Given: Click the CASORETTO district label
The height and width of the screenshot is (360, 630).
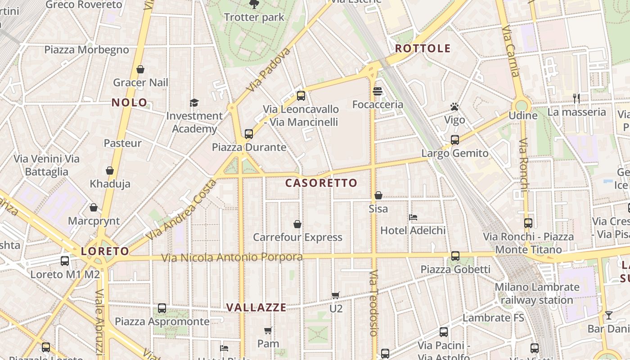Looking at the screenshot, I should (x=321, y=183).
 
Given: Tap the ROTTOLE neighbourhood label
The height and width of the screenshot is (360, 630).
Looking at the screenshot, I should (x=423, y=49).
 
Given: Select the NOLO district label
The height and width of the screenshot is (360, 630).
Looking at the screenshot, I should (x=130, y=103).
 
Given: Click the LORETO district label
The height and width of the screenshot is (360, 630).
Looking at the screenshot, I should (x=105, y=251).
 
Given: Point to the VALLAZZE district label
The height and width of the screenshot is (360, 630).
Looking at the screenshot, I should (x=256, y=307).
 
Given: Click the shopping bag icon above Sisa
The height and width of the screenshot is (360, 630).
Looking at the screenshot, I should (x=378, y=195).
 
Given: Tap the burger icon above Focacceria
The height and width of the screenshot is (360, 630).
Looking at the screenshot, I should (x=378, y=91).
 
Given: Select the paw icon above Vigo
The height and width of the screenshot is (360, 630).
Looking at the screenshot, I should (x=454, y=107).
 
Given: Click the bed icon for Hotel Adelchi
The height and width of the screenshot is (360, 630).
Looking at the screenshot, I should (x=413, y=217).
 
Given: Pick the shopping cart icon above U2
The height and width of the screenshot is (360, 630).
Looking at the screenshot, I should (x=336, y=295).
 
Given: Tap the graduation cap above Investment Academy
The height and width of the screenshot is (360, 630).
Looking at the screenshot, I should (x=194, y=103).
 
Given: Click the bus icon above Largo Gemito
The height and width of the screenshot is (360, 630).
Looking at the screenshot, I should (x=455, y=140).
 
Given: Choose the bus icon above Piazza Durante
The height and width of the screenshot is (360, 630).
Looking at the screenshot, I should (x=249, y=134).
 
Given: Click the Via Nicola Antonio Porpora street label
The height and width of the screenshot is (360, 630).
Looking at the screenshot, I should (x=232, y=257).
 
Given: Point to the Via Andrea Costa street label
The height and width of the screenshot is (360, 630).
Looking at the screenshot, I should (x=181, y=210).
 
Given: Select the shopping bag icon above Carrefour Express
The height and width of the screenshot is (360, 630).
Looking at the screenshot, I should (x=297, y=224).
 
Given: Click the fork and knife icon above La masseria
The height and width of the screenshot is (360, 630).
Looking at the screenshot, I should (x=576, y=98).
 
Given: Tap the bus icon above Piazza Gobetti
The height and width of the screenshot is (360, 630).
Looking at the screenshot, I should (x=455, y=256).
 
